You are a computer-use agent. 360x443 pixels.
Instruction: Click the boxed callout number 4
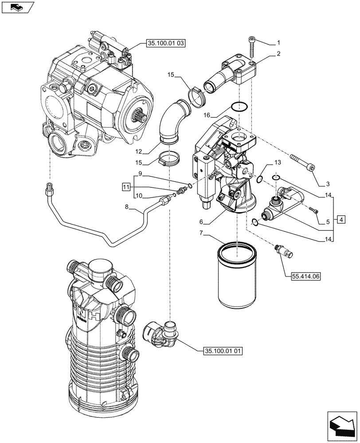tap(340, 219)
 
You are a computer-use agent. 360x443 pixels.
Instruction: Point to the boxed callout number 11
tap(126, 187)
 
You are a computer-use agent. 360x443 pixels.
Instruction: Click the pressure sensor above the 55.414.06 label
tap(284, 251)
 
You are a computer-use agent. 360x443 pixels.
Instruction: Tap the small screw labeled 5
tap(315, 212)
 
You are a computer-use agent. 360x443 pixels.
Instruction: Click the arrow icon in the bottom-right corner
tap(342, 425)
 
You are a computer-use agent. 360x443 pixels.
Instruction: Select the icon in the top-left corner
tap(17, 8)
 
